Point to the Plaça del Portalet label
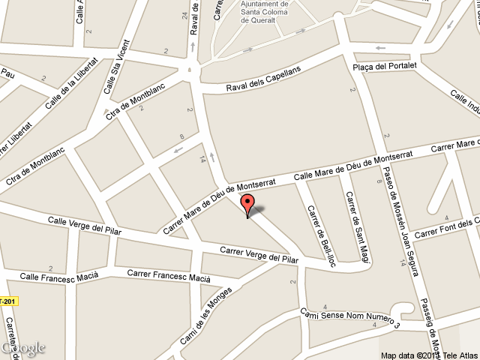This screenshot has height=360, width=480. click(384, 67)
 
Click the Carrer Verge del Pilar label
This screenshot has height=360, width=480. click(259, 254)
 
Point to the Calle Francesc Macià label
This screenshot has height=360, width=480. click(59, 277)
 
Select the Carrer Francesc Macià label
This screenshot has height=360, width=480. click(169, 274)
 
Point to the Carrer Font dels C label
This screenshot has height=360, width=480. click(447, 227)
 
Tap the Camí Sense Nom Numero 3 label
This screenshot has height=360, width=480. click(350, 319)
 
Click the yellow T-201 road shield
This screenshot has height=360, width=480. click(8, 301)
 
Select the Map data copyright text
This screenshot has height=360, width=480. click(428, 355)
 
